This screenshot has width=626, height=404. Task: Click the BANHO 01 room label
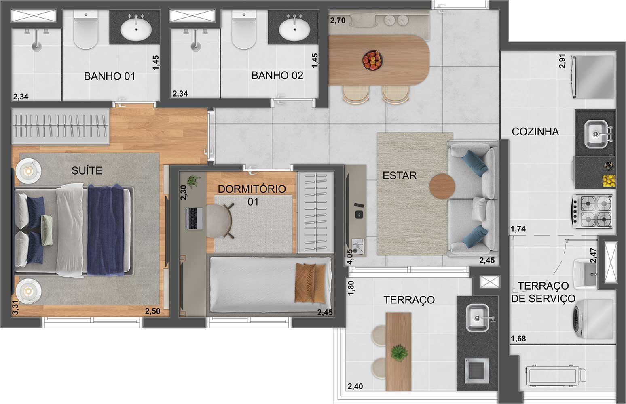point(110,76)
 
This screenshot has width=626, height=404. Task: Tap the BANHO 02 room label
point(277,76)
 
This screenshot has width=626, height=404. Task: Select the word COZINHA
point(535,132)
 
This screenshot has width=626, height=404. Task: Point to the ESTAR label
point(400,175)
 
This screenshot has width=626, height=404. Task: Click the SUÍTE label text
point(87,170)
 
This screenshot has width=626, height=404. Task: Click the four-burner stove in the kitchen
point(592,211)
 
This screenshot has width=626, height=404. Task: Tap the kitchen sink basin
point(596,134)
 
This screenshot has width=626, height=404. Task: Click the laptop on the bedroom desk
point(194,219)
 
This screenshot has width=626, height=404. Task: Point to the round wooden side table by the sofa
point(442,186)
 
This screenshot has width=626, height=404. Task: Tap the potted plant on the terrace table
point(399,353)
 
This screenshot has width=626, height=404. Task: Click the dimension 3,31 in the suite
point(16,308)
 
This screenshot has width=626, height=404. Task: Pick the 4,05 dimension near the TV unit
point(350,256)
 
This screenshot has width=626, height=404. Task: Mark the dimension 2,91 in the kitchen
point(562,61)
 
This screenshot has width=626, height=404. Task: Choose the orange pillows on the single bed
point(310,283)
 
